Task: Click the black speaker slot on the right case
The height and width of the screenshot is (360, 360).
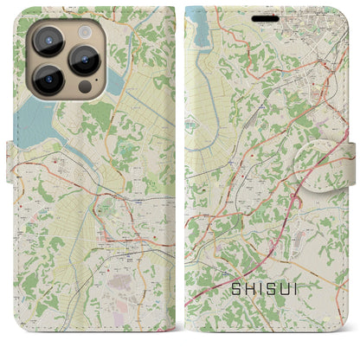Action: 265,13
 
